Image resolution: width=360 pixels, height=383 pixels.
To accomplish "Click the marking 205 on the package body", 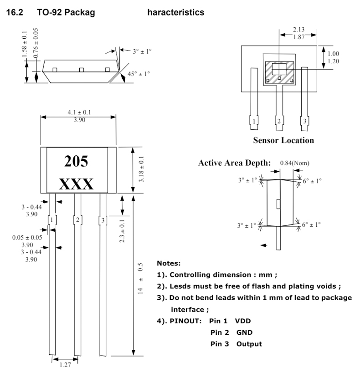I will coord(76,161).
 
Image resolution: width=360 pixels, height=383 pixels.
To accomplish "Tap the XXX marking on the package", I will coord(76,184).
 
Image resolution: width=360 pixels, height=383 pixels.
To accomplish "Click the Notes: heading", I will coord(169,263).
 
